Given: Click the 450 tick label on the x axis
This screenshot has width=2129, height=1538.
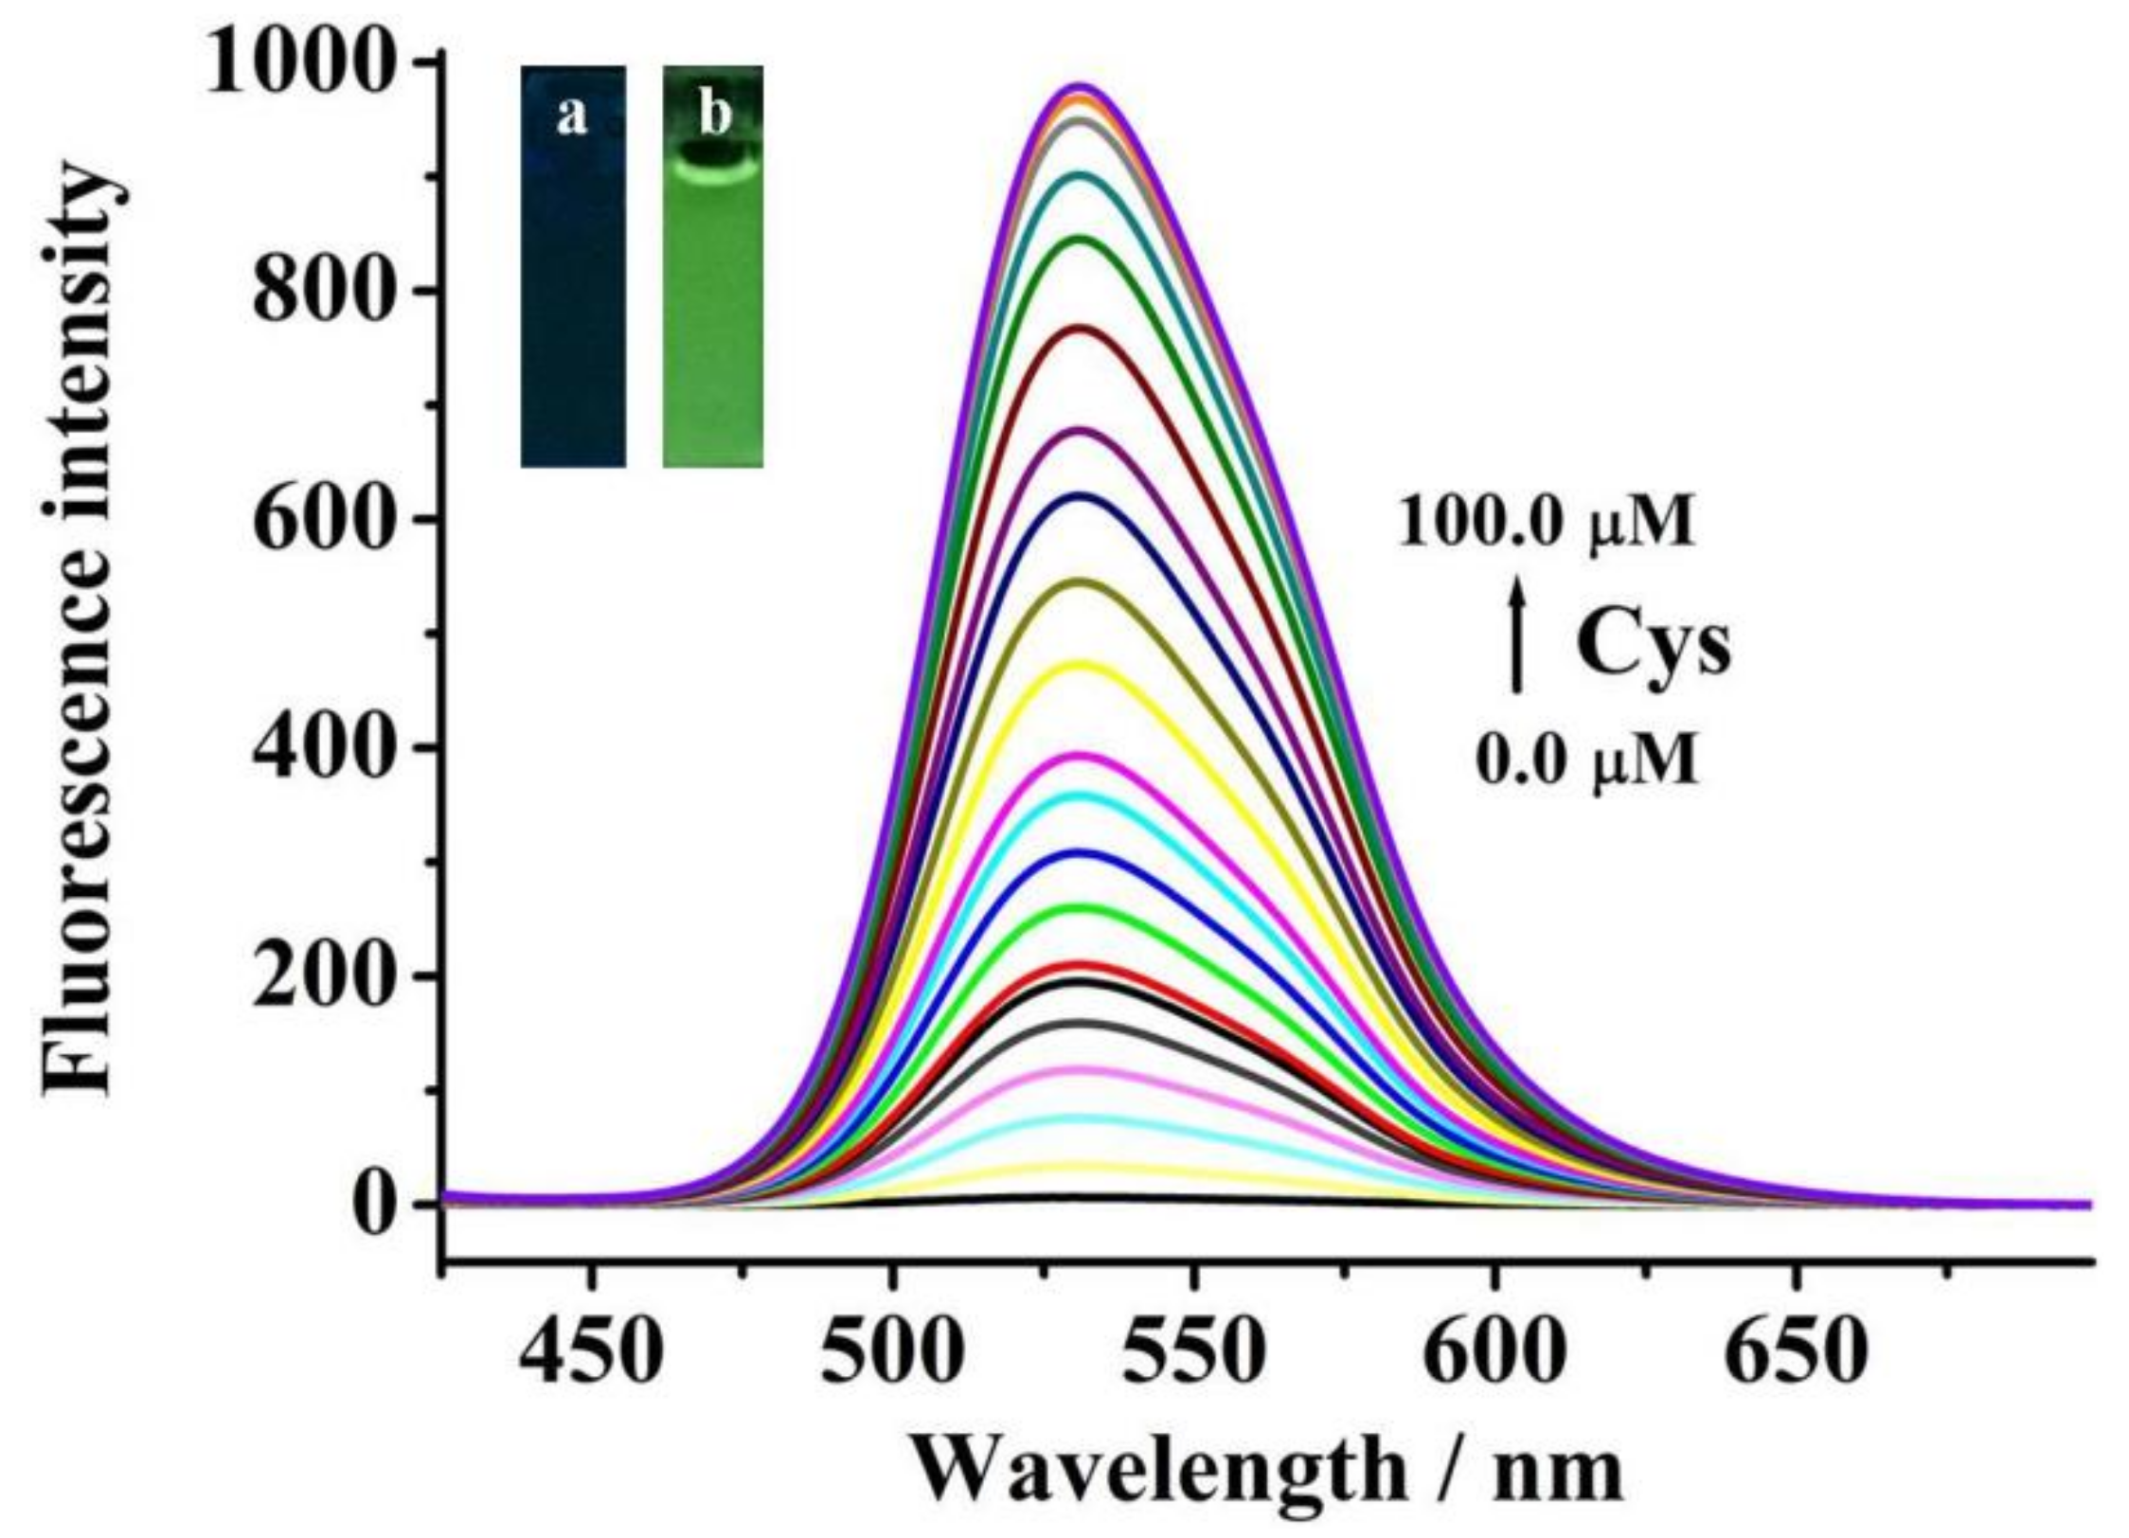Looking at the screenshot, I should tap(592, 1354).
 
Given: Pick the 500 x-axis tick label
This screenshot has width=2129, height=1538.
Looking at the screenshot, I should tap(891, 1354).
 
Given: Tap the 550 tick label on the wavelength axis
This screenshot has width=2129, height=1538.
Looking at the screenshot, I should tap(1195, 1354).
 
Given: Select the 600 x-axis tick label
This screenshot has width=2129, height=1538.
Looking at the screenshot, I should tap(1494, 1354).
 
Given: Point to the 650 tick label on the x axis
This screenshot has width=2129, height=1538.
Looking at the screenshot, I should tap(1796, 1354).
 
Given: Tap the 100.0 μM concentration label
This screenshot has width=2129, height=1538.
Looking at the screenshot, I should tap(1546, 523).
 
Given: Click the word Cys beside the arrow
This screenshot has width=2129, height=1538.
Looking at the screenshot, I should tap(1654, 647).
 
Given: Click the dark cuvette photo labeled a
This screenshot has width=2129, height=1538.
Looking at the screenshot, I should tap(573, 267).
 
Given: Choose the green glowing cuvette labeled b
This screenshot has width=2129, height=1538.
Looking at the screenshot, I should tap(712, 267).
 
